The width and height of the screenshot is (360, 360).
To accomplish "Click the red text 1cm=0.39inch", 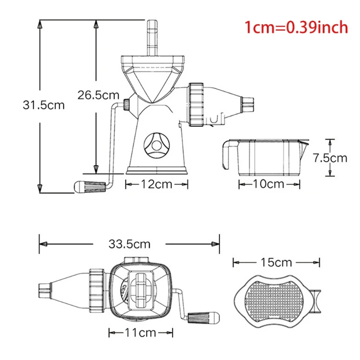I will [296, 27].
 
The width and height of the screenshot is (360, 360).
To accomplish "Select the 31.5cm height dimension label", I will [44, 105].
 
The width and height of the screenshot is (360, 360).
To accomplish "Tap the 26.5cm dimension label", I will [98, 95].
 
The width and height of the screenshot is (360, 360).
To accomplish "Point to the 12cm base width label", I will [156, 184].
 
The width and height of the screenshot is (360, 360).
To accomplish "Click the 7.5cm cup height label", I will [331, 158].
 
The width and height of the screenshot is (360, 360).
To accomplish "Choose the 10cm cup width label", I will [269, 184].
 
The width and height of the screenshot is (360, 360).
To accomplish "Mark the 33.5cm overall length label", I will [129, 244].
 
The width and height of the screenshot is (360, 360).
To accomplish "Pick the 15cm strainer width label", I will [275, 262].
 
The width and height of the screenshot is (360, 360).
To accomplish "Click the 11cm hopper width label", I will [140, 333].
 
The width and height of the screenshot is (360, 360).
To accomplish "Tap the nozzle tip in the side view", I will [248, 103].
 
